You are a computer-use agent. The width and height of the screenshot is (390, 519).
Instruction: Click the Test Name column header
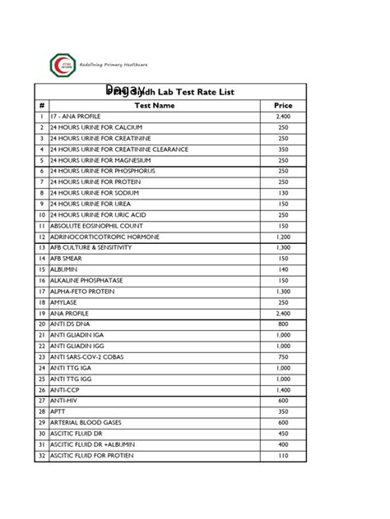tap(156, 105)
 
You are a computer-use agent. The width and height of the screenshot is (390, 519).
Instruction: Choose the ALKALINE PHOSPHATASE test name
tap(86, 280)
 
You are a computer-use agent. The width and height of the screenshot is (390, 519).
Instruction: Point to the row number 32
tap(40, 455)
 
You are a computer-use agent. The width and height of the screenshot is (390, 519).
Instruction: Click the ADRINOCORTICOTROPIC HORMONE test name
tap(104, 237)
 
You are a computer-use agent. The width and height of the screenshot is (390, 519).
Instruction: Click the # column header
tap(40, 105)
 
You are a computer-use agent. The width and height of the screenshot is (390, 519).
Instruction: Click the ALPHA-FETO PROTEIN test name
tap(81, 291)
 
